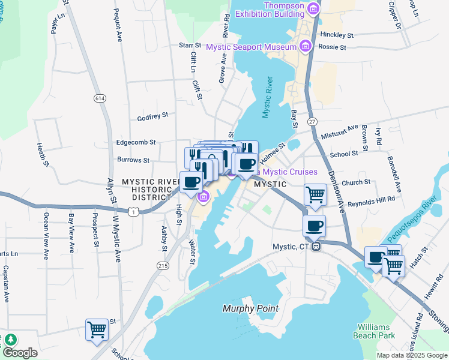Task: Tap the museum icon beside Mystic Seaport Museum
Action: (305, 46)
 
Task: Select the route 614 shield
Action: (100, 98)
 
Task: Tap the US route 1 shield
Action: (137, 211)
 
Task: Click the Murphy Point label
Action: (250, 308)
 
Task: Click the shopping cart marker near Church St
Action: (315, 194)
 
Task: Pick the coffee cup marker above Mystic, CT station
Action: (314, 226)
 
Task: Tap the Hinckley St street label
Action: (336, 35)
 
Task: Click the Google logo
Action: (20, 353)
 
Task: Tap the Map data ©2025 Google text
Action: (411, 355)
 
